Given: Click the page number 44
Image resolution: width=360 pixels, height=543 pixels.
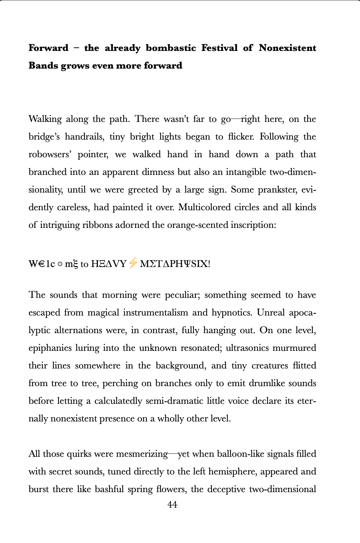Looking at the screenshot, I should [x=172, y=505].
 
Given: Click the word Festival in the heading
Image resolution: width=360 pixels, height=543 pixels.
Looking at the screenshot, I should [x=219, y=48].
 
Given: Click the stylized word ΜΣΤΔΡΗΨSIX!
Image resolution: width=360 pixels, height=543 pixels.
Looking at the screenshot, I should [x=175, y=264].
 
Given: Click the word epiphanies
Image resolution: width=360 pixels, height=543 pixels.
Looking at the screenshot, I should [x=50, y=348].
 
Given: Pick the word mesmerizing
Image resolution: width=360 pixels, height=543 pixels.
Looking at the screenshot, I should [x=142, y=454].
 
